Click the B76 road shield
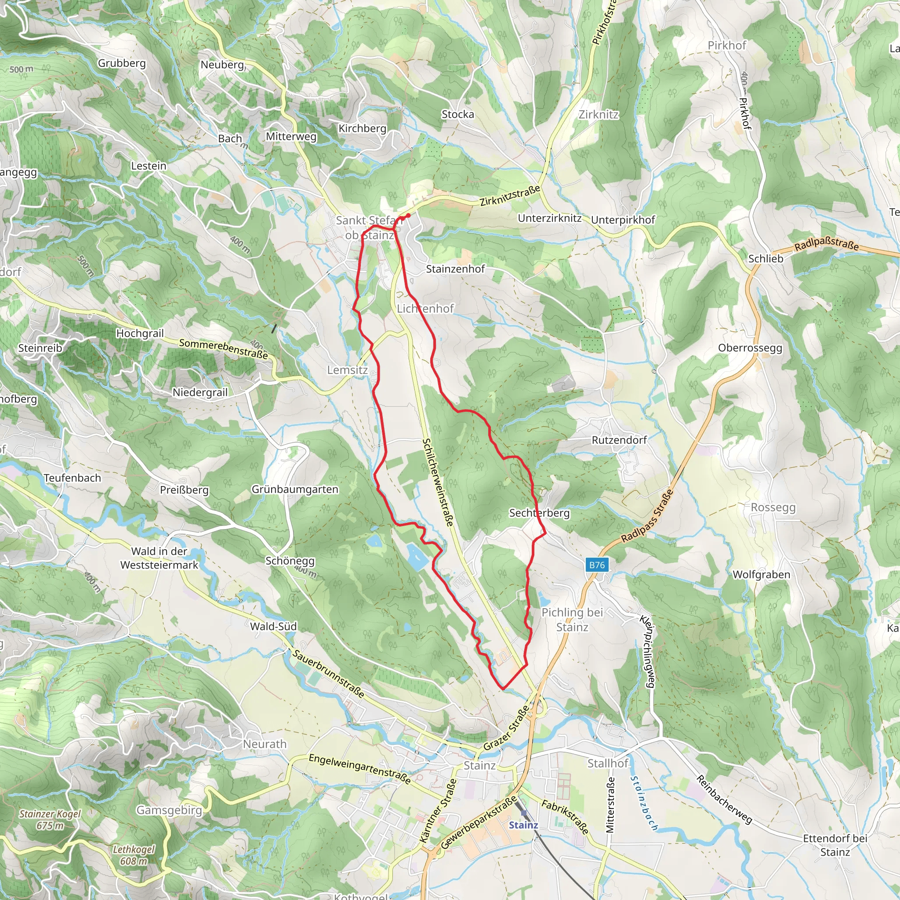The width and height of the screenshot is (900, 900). pyautogui.click(x=597, y=565)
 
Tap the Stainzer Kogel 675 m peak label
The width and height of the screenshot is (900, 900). pyautogui.click(x=50, y=820)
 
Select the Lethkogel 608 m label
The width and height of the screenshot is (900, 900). pyautogui.click(x=134, y=855)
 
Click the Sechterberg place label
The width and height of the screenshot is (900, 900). pyautogui.click(x=539, y=513)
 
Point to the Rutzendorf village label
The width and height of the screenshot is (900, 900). pyautogui.click(x=619, y=440)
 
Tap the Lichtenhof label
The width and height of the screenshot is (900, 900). pyautogui.click(x=425, y=308)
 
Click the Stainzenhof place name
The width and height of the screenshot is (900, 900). pyautogui.click(x=455, y=269)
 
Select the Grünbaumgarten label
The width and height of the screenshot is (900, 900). pyautogui.click(x=295, y=489)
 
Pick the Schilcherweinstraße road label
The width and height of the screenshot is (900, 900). pyautogui.click(x=438, y=482)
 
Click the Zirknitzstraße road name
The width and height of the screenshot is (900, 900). pyautogui.click(x=510, y=195)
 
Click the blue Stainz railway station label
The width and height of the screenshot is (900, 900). pyautogui.click(x=523, y=825)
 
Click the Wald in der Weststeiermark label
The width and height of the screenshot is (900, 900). pyautogui.click(x=160, y=558)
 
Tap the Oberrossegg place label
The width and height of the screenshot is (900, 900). pyautogui.click(x=750, y=348)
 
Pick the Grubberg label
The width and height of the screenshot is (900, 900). pyautogui.click(x=122, y=63)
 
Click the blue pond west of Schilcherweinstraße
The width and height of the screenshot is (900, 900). pyautogui.click(x=417, y=557)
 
